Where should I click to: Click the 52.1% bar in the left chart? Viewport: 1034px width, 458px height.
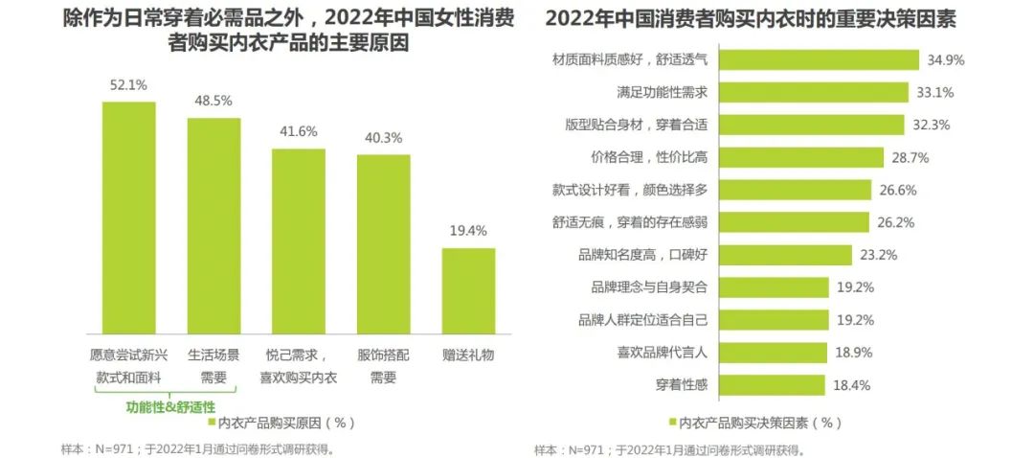[x=128, y=216]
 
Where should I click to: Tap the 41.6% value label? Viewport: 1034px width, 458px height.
[x=299, y=132]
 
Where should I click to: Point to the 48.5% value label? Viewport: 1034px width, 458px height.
[x=214, y=101]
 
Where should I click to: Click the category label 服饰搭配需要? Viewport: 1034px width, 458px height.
[x=383, y=365]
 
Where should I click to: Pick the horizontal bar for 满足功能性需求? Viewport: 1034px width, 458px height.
[x=813, y=92]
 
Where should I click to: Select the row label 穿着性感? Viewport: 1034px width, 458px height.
[x=683, y=385]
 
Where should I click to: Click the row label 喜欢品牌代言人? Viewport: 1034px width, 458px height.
[x=663, y=353]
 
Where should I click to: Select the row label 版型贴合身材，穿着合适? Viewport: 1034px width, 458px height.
[x=637, y=125]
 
